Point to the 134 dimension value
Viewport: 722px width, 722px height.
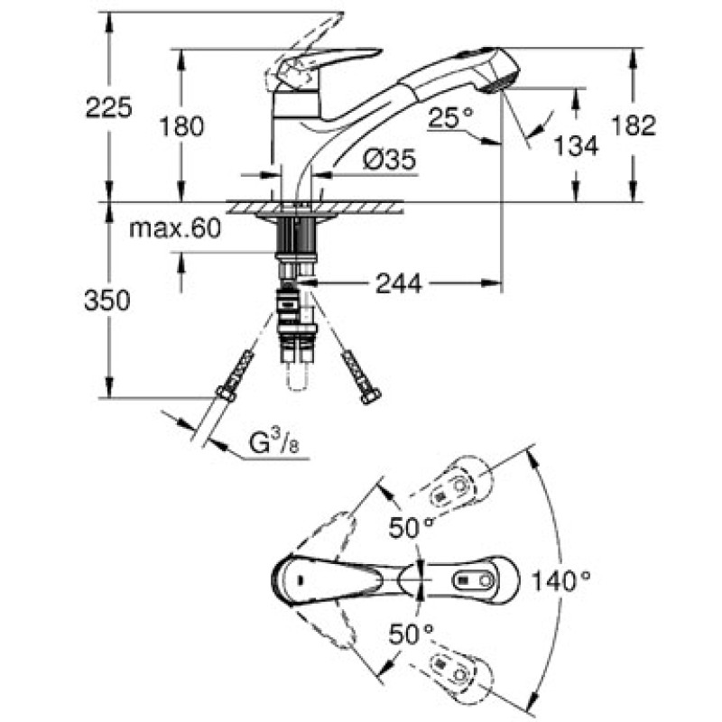577,144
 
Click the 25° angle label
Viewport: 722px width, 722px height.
450,117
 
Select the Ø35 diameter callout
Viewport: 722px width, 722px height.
389,161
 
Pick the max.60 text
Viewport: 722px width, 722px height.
174,229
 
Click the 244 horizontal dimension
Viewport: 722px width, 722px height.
398,283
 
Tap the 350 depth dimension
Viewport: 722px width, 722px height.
107,301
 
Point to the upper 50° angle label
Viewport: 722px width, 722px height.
412,526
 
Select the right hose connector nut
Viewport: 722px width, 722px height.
368,395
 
